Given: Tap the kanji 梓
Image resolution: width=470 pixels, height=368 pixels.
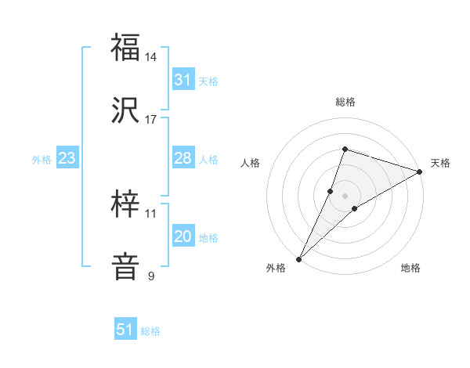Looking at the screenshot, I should pos(125,204).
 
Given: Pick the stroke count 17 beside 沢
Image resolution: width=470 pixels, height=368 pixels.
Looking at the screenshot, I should pos(152,120).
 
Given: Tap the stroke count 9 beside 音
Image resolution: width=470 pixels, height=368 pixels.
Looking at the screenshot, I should pos(151,276).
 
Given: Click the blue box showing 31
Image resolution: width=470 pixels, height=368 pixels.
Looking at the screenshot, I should pos(183,79).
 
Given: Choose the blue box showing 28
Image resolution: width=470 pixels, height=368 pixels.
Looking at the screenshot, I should pos(183,158).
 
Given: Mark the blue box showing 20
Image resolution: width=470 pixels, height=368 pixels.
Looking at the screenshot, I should pos(183,236).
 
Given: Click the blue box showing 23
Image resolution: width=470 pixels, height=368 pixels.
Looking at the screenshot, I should pos(67,158).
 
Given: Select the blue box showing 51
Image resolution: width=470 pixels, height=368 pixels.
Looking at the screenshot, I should pos(125,330).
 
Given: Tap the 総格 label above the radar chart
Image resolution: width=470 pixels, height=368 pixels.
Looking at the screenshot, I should pos(345,103).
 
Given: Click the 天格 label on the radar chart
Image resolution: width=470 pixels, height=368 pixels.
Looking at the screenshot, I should pos(441,163).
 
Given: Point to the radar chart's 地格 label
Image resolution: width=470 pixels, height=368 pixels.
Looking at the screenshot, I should pos(410,268).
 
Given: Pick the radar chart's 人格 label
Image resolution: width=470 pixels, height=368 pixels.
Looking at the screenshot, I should pos(251,163).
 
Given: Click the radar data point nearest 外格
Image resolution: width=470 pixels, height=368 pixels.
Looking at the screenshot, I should pos(298,258).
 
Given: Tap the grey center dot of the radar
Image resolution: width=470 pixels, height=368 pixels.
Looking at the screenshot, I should pos(345,195).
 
